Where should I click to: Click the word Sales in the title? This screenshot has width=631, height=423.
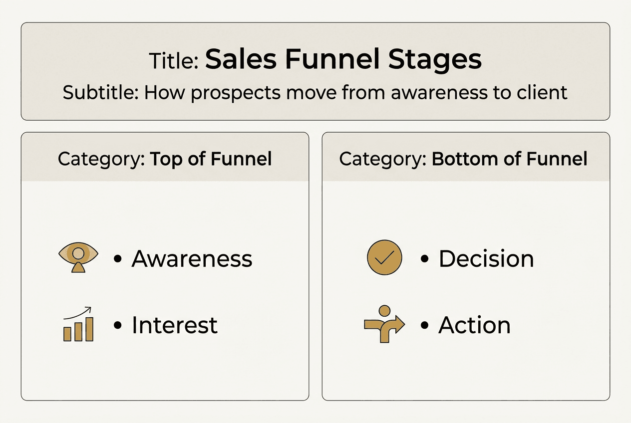point(241,59)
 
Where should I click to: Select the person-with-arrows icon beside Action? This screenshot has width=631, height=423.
point(384,324)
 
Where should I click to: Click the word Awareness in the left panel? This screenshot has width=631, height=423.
point(192,258)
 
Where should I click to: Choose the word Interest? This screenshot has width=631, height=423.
point(174,325)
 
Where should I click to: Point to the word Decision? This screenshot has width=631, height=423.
point(486,258)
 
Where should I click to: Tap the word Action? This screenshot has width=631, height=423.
point(474,325)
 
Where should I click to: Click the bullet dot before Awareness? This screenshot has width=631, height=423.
point(118,259)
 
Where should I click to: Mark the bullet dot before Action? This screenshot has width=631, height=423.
point(425,326)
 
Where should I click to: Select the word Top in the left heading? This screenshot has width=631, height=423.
point(166,159)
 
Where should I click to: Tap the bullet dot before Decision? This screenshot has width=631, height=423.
point(425,259)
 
